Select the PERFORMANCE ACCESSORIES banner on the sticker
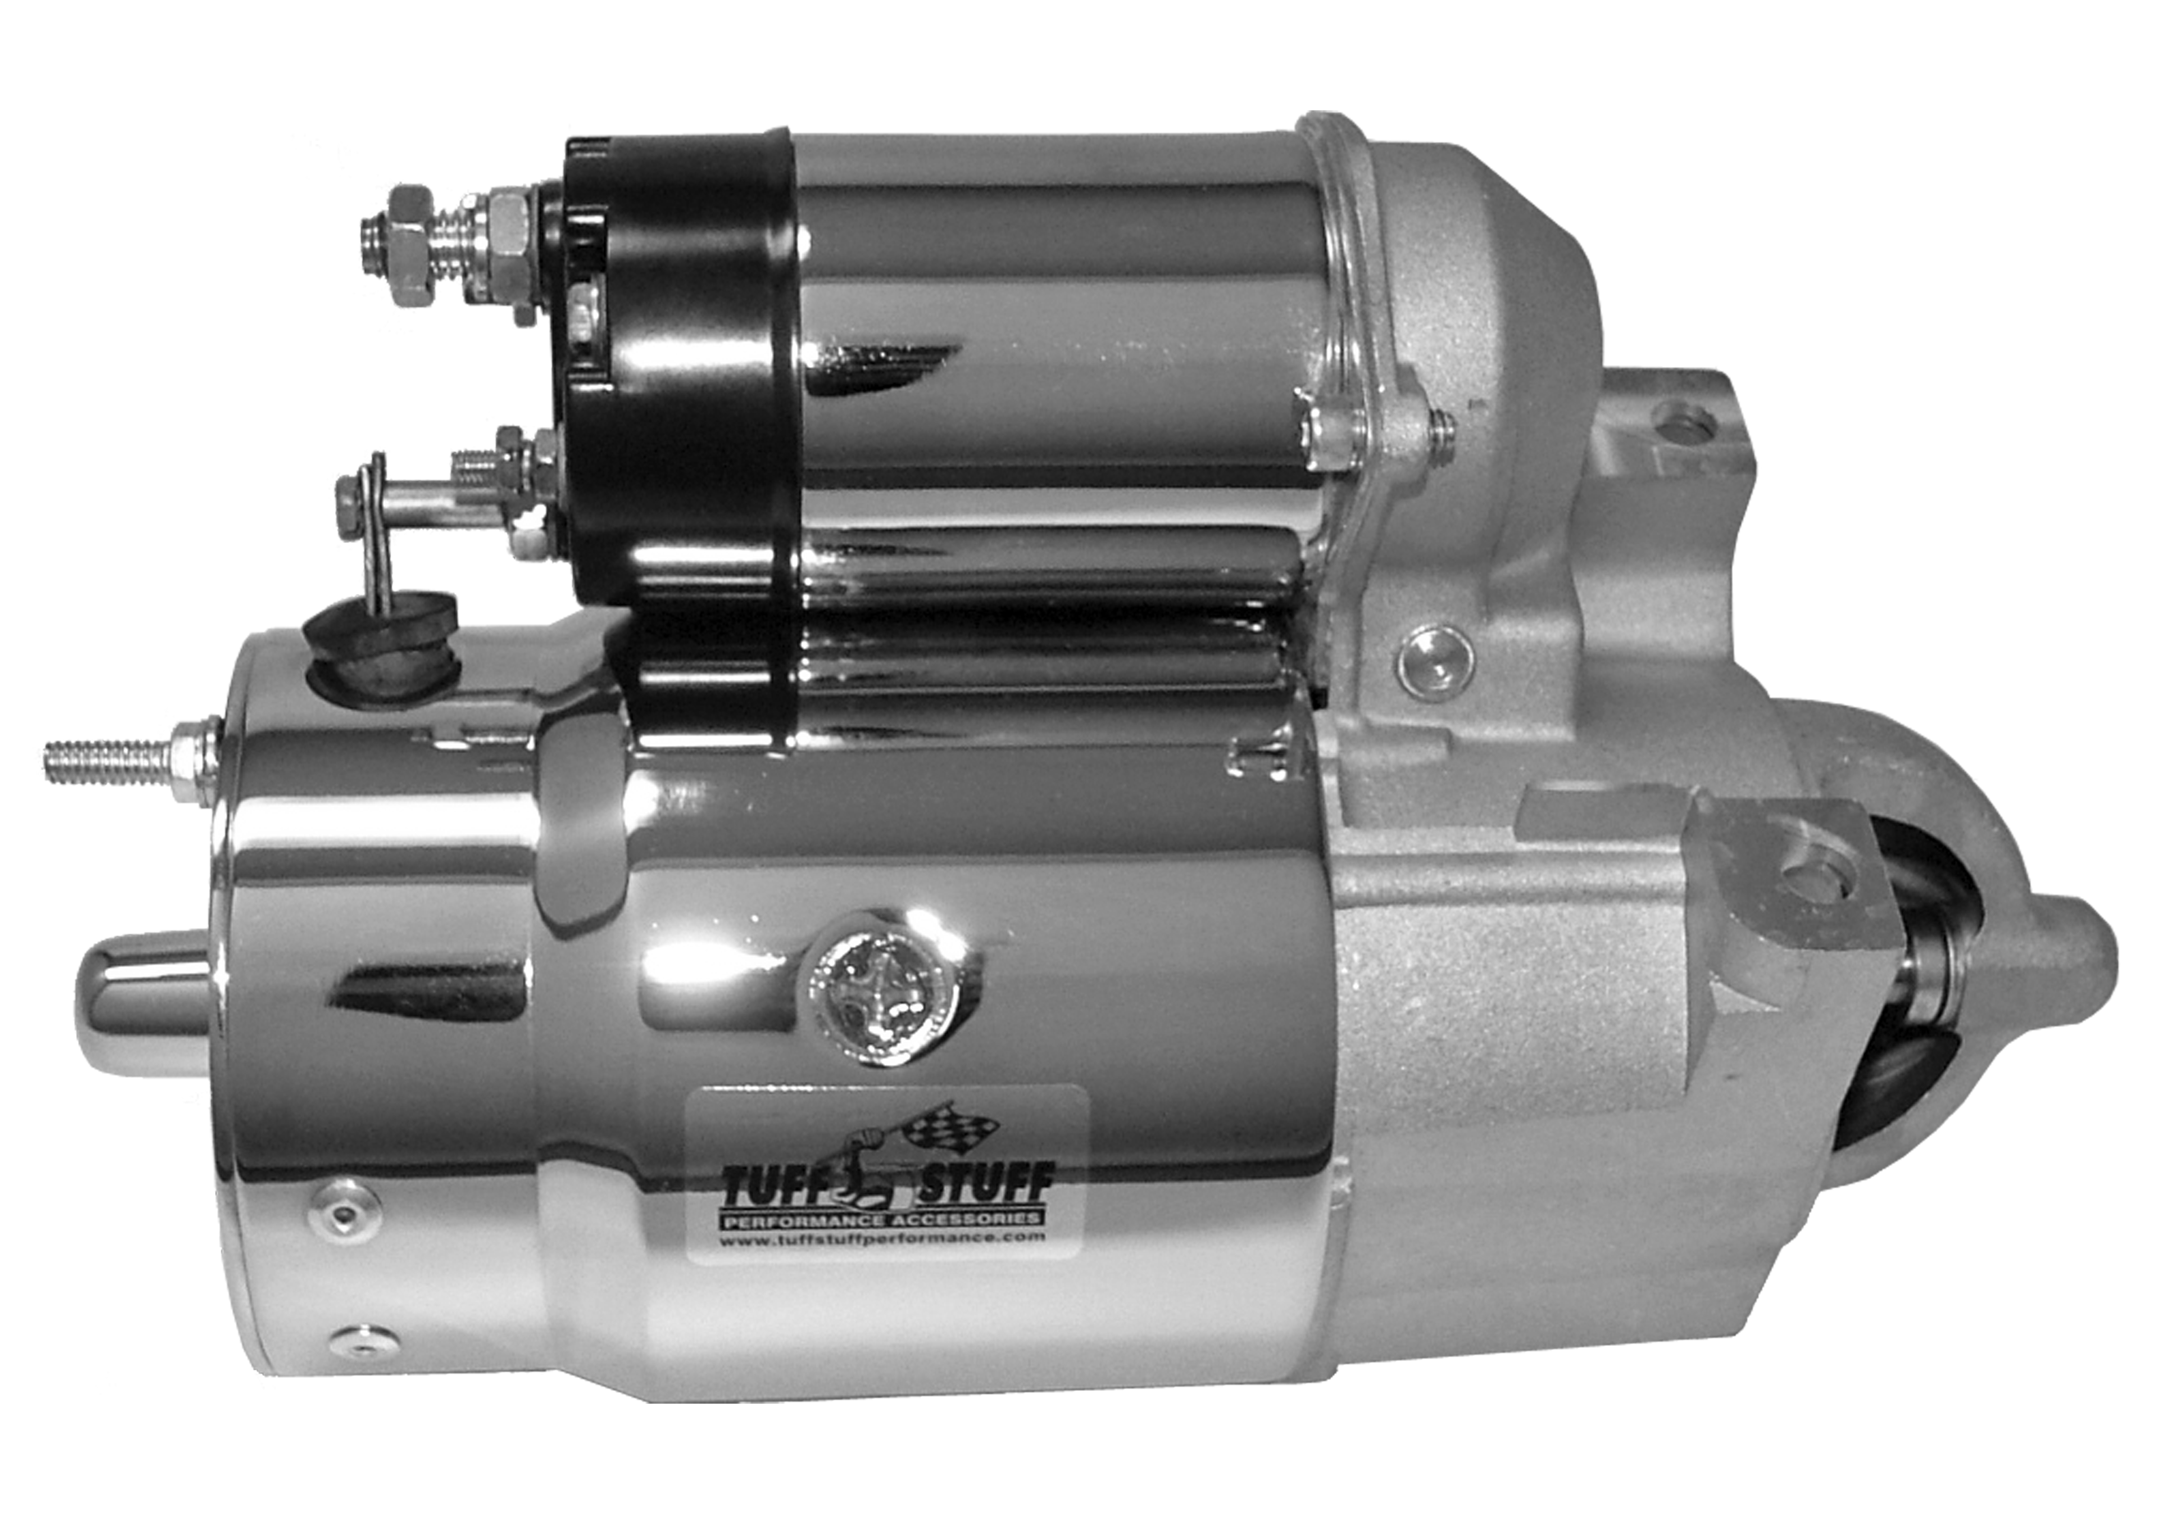[x=885, y=1216]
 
